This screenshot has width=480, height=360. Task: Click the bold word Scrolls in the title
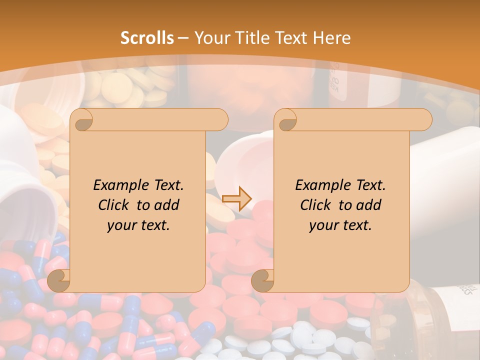[x=147, y=38]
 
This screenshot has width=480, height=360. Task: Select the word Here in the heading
[x=332, y=38]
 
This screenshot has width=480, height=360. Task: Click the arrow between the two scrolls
[x=237, y=199]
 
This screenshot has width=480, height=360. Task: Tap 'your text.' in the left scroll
[x=138, y=225]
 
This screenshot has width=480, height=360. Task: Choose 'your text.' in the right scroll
[x=340, y=225]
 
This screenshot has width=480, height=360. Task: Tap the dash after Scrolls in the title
[x=183, y=38]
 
